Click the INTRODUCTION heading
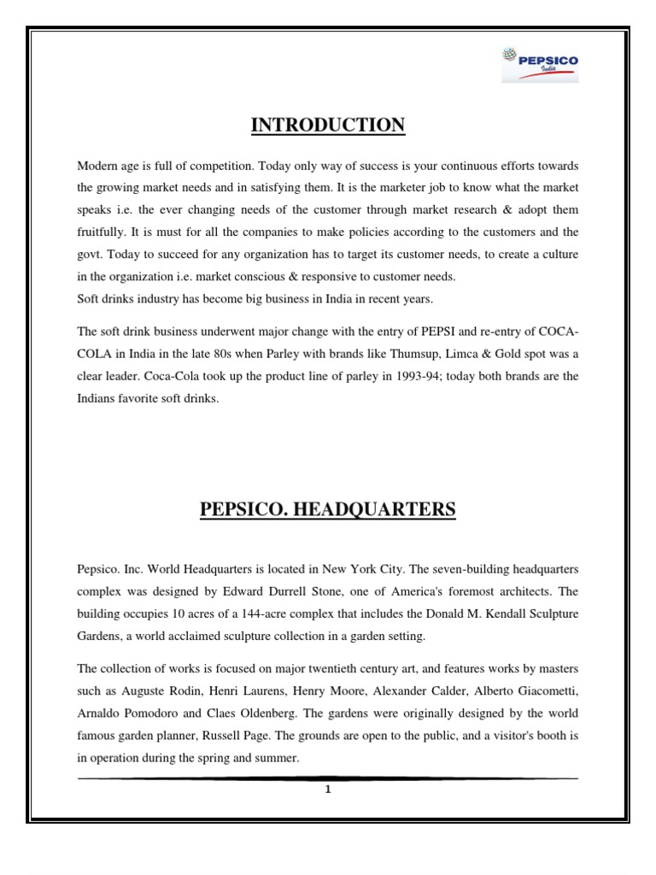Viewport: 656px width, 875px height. (x=328, y=126)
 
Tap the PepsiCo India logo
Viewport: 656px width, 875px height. (x=539, y=65)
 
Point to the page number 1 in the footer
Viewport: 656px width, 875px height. (x=327, y=790)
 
